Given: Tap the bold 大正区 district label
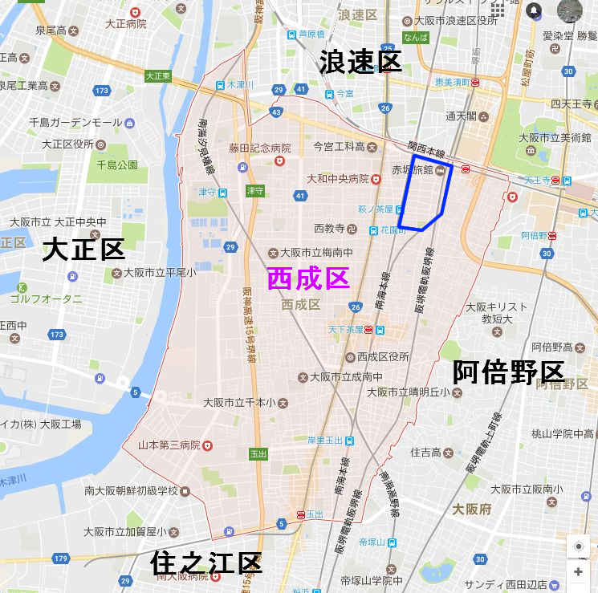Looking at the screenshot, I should tap(83, 250).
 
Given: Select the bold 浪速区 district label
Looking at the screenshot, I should tap(360, 62).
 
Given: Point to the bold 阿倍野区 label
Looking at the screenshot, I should tap(509, 372).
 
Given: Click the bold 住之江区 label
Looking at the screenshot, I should tap(206, 563).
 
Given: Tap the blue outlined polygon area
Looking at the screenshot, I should tap(425, 193).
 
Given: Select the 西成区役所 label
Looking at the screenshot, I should tap(383, 356).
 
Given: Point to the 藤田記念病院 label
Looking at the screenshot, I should tap(258, 148).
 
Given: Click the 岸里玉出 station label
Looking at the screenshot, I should tap(325, 440).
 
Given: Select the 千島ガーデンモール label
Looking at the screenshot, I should tap(75, 122).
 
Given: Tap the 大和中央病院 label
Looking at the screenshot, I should tap(338, 178).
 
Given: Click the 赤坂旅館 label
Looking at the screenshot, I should tap(412, 170).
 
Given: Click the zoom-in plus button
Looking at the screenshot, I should tap(578, 572).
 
